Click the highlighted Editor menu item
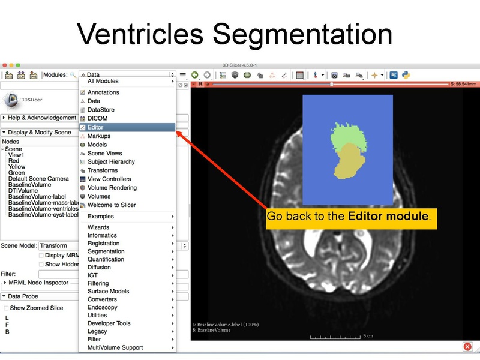[96, 127]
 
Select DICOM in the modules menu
[97, 119]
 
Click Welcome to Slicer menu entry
[112, 205]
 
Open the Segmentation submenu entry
[106, 251]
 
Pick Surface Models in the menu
[108, 292]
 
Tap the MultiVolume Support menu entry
[115, 348]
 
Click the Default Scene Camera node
[38, 179]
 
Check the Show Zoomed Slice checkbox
[7, 308]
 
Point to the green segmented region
[349, 136]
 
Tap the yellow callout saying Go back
[349, 216]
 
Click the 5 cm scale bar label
[368, 336]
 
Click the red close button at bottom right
[467, 347]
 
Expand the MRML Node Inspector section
[38, 283]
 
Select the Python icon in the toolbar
[406, 75]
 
